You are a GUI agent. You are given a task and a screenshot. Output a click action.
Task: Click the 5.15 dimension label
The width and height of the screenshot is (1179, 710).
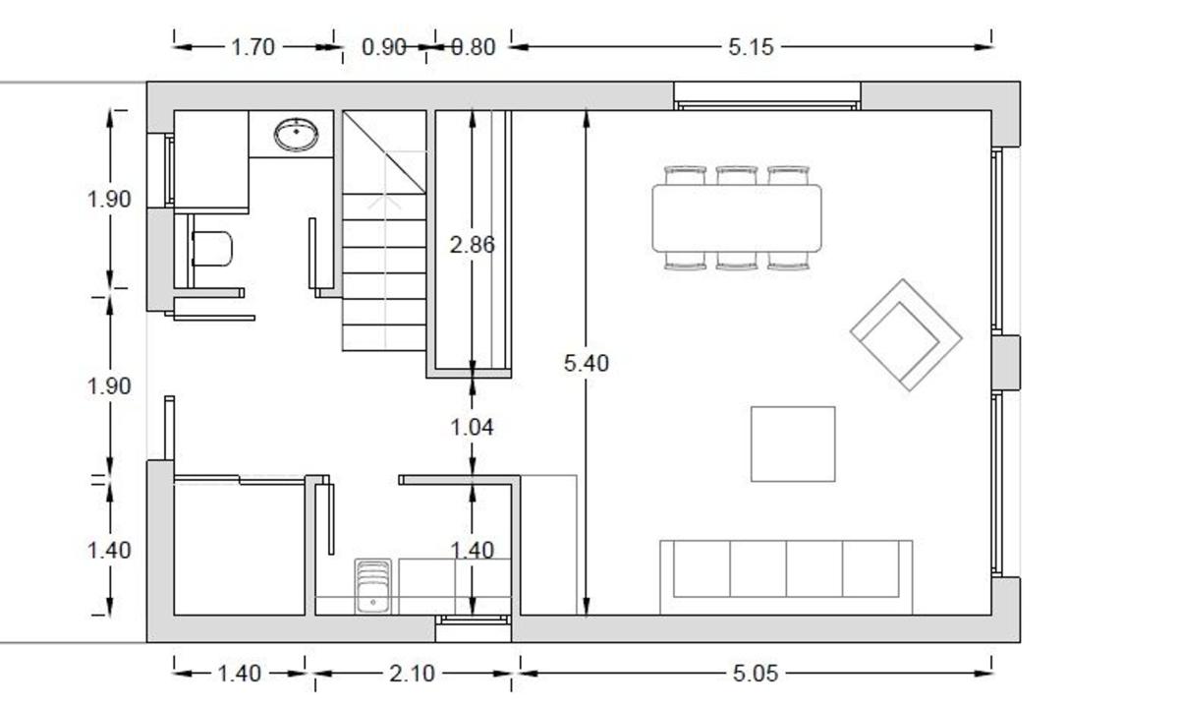[751, 47]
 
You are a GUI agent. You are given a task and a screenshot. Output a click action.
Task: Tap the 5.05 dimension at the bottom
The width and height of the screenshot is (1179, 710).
[755, 674]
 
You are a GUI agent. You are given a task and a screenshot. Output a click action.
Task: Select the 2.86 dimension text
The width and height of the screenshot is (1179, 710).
[473, 245]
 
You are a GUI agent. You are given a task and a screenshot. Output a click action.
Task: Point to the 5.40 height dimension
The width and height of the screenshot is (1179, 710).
[587, 363]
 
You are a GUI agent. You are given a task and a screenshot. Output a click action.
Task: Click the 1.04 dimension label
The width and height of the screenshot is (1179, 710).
[473, 427]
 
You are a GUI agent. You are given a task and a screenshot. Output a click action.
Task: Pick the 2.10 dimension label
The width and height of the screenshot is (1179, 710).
[412, 674]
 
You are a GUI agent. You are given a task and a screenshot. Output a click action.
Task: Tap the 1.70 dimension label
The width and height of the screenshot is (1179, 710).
[253, 47]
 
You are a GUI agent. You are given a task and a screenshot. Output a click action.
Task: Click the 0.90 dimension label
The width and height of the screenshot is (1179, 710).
[384, 47]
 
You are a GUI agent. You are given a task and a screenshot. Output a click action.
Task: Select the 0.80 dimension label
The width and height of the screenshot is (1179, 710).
[474, 47]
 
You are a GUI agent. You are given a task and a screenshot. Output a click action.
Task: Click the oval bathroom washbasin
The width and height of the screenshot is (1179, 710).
[297, 135]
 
